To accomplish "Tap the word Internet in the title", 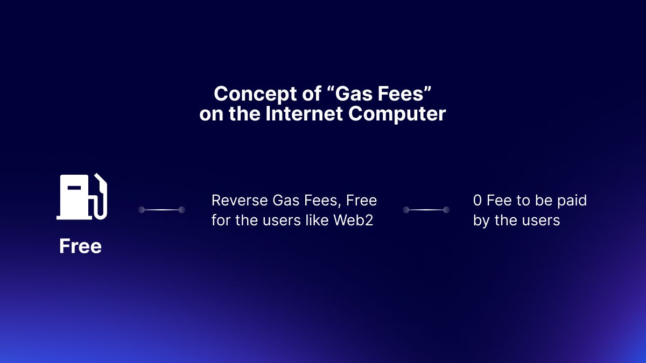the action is [x=304, y=113].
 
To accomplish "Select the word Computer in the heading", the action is [x=397, y=115].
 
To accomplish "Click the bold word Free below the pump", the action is [x=80, y=246].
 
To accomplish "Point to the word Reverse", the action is [x=240, y=200].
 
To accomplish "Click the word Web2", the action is [x=353, y=220].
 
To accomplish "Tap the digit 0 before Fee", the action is [x=478, y=200].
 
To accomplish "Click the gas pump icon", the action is [x=82, y=197].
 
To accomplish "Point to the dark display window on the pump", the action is [x=74, y=188].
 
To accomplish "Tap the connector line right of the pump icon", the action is [x=161, y=209].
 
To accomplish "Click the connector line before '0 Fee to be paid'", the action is [x=426, y=209].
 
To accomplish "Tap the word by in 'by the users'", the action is [x=482, y=221].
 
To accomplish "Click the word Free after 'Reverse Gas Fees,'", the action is [x=361, y=200].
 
